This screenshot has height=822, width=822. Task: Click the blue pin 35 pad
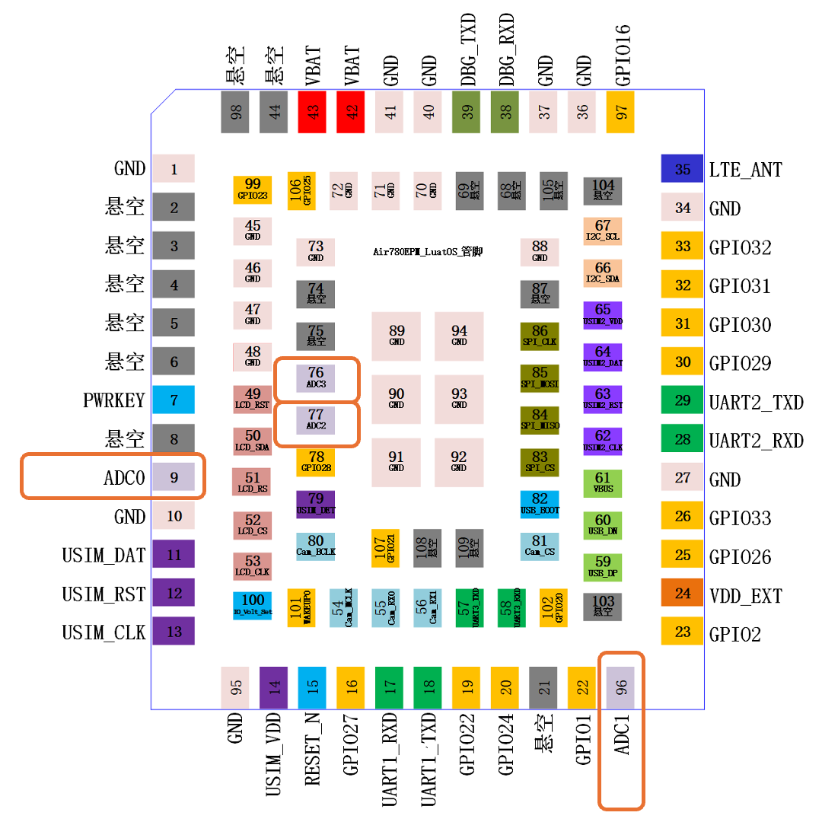tap(683, 169)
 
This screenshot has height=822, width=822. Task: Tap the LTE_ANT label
tap(745, 170)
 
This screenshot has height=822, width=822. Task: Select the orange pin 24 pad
tap(683, 594)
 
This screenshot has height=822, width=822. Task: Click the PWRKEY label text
tap(113, 400)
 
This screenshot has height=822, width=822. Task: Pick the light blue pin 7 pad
tap(174, 400)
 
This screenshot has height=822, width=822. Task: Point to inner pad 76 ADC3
tap(316, 378)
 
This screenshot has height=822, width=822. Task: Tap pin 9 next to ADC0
tap(174, 477)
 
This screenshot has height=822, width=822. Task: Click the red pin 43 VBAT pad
tap(312, 111)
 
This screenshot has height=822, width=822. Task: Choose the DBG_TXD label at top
tap(467, 49)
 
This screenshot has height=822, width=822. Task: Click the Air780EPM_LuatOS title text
tap(428, 252)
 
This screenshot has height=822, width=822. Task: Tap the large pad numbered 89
tap(397, 336)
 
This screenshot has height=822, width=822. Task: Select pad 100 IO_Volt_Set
tap(253, 605)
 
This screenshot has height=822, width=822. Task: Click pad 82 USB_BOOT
tap(540, 503)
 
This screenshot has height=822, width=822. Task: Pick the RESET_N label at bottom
tap(311, 753)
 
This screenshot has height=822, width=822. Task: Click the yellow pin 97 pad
tap(621, 111)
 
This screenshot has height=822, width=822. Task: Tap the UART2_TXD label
tap(756, 402)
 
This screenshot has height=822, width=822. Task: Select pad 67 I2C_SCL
tap(603, 231)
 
